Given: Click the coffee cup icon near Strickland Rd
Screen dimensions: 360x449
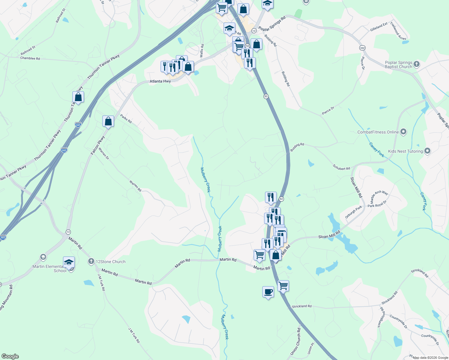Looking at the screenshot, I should (x=268, y=292).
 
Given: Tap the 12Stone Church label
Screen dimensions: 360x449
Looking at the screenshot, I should (x=110, y=262).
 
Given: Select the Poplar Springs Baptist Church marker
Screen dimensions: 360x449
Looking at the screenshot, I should (x=416, y=64).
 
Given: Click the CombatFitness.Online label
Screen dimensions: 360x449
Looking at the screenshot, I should (x=378, y=132).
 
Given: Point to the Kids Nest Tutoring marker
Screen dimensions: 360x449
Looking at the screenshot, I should (x=427, y=151).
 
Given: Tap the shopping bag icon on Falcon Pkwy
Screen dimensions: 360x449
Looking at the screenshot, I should (x=108, y=121).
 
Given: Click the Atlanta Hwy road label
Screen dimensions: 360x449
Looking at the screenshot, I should (x=160, y=81).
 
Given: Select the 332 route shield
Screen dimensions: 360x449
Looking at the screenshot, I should (x=362, y=48).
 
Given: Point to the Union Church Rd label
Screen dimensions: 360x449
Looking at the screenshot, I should (x=295, y=341).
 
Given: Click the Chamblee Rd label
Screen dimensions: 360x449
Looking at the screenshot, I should (x=30, y=58).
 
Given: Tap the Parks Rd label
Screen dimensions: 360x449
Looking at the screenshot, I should (x=126, y=119).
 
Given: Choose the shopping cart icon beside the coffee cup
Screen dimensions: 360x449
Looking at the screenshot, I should (x=283, y=286).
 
